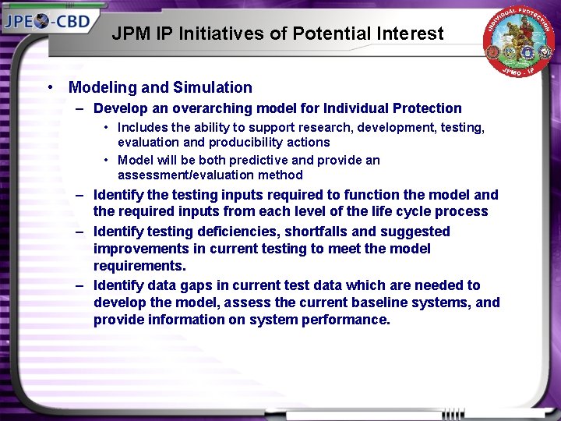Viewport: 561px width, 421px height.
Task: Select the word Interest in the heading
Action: pyautogui.click(x=409, y=34)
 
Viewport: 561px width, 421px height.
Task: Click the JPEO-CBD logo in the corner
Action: pyautogui.click(x=50, y=21)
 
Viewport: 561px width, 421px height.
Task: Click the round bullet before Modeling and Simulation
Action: pyautogui.click(x=50, y=88)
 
